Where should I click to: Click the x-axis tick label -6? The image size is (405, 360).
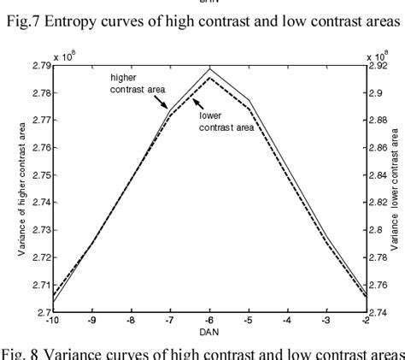[208, 322]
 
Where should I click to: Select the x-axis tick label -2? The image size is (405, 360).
[364, 322]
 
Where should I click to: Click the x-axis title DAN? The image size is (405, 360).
[209, 333]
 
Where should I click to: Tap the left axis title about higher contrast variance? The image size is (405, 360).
[18, 188]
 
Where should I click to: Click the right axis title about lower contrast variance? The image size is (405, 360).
[397, 189]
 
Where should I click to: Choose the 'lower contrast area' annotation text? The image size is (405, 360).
[226, 121]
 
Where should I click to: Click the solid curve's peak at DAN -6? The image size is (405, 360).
[209, 68]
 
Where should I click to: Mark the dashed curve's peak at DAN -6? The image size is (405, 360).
[209, 78]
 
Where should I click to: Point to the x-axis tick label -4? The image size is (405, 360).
[286, 322]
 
